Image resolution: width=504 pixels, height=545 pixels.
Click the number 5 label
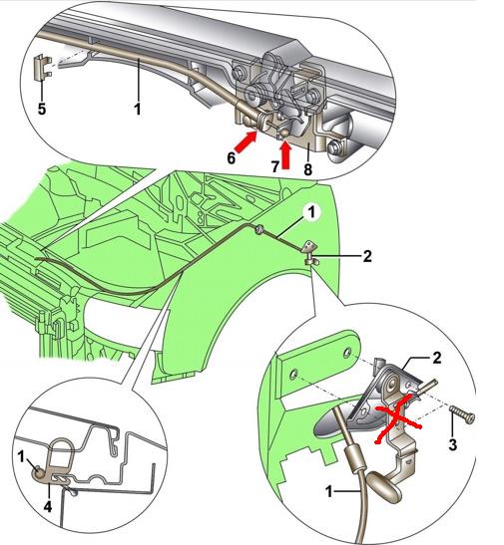(42, 109)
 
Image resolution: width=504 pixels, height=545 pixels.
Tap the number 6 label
(232, 158)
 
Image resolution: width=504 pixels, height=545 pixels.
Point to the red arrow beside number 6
(247, 142)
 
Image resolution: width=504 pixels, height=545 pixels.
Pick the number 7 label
(275, 166)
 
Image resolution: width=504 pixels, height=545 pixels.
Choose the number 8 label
(307, 169)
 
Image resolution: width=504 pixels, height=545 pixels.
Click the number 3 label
(452, 444)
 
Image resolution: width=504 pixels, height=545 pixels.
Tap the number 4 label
(48, 506)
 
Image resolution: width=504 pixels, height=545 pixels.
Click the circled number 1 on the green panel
(311, 212)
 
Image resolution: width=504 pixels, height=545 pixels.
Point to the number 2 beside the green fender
(367, 256)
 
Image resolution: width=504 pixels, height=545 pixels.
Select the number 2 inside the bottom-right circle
(437, 358)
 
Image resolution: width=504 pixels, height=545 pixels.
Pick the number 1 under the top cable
(138, 109)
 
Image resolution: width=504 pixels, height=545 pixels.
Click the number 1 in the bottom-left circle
(22, 456)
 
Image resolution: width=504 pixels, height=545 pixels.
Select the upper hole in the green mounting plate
(347, 353)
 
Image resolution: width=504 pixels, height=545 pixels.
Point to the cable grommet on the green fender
(259, 229)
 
